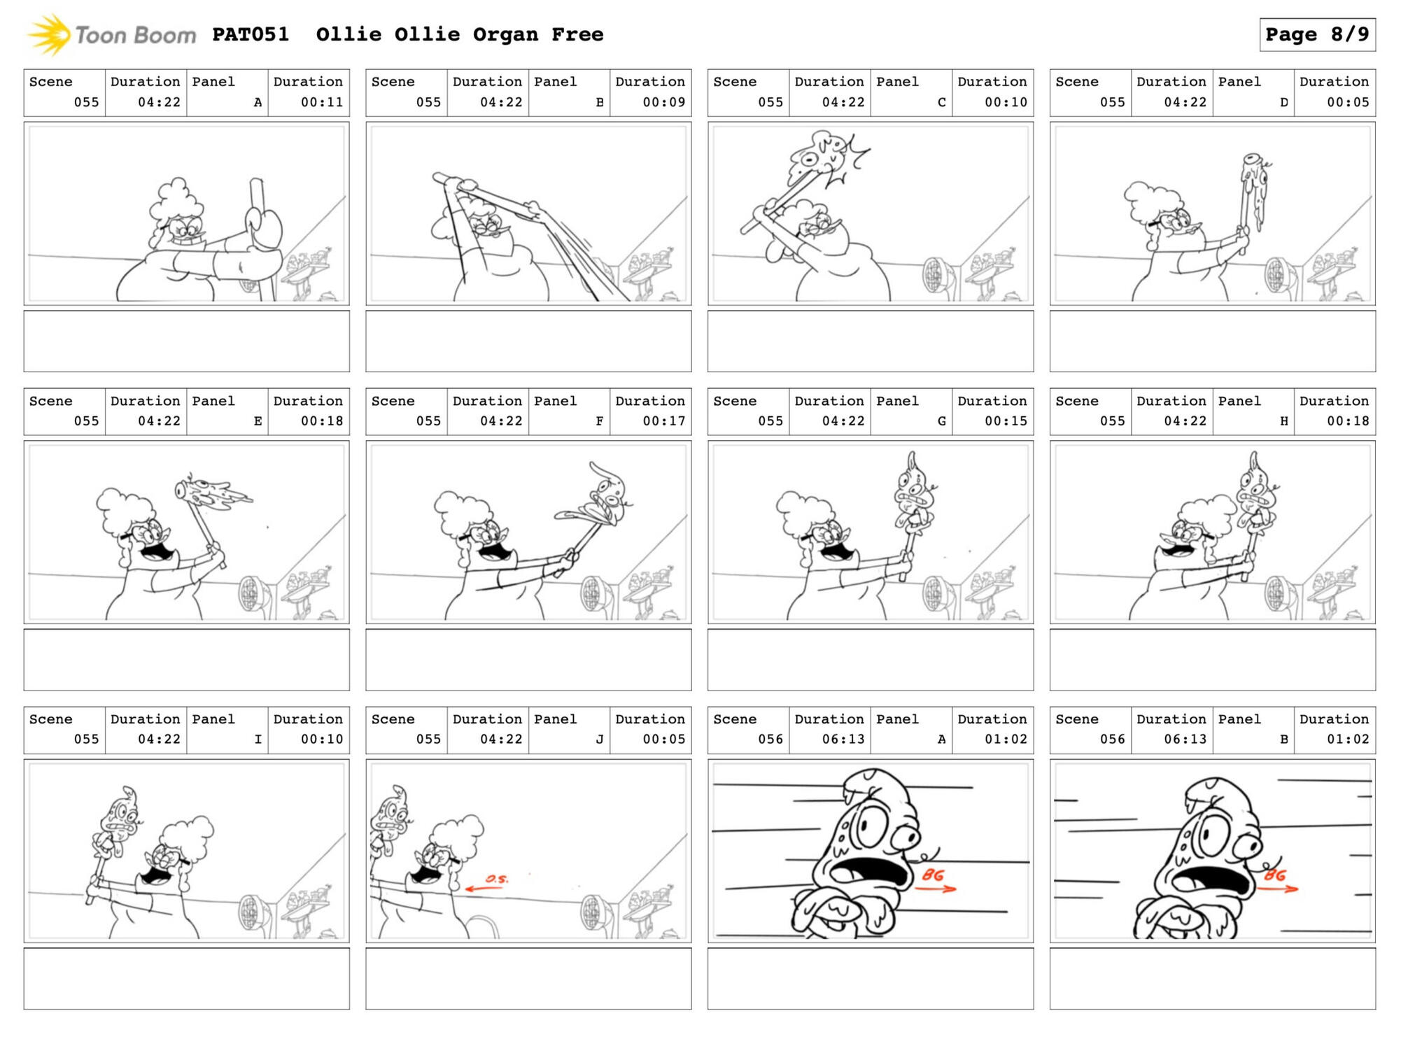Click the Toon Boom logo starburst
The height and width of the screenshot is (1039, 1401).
tap(49, 35)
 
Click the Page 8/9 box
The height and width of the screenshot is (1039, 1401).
tap(1317, 34)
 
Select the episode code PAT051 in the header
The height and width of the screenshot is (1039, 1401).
tap(251, 34)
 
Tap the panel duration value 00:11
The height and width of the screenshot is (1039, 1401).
tap(322, 102)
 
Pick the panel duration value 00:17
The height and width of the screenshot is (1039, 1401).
tap(664, 421)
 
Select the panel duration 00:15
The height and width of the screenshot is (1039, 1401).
tap(1006, 421)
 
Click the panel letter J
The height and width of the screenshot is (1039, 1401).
tap(600, 740)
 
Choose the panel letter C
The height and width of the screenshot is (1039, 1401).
tap(942, 102)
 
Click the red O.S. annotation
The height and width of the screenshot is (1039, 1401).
tap(497, 879)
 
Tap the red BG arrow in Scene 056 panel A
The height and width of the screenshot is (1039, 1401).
tap(936, 889)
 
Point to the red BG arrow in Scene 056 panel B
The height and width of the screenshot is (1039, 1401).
tap(1278, 889)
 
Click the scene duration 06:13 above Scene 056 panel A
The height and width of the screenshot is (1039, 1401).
tap(843, 740)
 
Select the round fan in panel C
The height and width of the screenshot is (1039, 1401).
tap(936, 275)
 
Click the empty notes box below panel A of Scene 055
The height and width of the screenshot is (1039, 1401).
tap(187, 341)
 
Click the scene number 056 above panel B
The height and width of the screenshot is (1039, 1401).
tap(1113, 740)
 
